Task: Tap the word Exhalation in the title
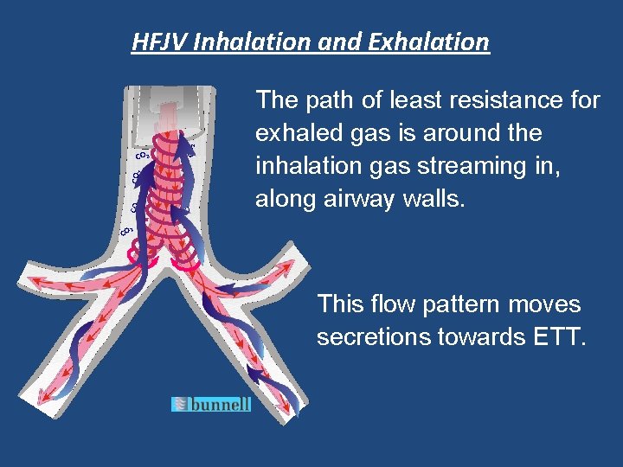pyautogui.click(x=427, y=42)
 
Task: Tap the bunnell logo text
pyautogui.click(x=220, y=404)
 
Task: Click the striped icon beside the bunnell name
pyautogui.click(x=180, y=404)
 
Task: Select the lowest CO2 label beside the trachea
pyautogui.click(x=127, y=230)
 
